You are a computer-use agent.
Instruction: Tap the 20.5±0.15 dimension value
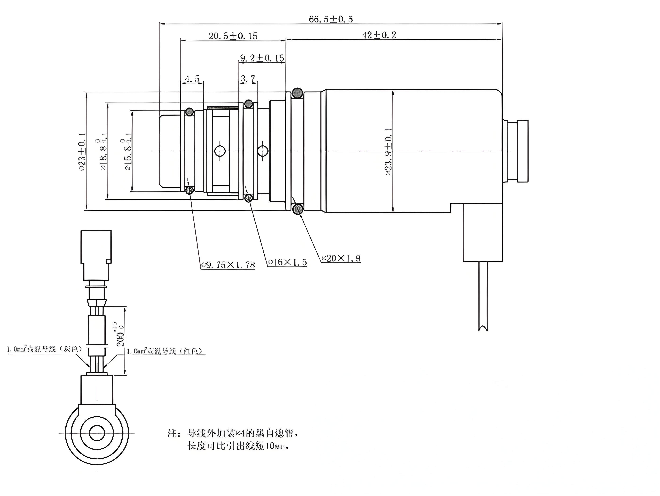coord(233,36)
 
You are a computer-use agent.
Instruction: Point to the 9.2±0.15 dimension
coord(262,58)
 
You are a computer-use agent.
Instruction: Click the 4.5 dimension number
coord(192,79)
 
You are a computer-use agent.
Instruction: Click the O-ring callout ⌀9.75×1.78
coord(228,265)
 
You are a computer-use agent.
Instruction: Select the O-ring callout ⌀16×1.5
coord(287,262)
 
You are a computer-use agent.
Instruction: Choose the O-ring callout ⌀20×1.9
coord(341,258)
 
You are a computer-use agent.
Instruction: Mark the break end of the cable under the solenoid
coord(483,329)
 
